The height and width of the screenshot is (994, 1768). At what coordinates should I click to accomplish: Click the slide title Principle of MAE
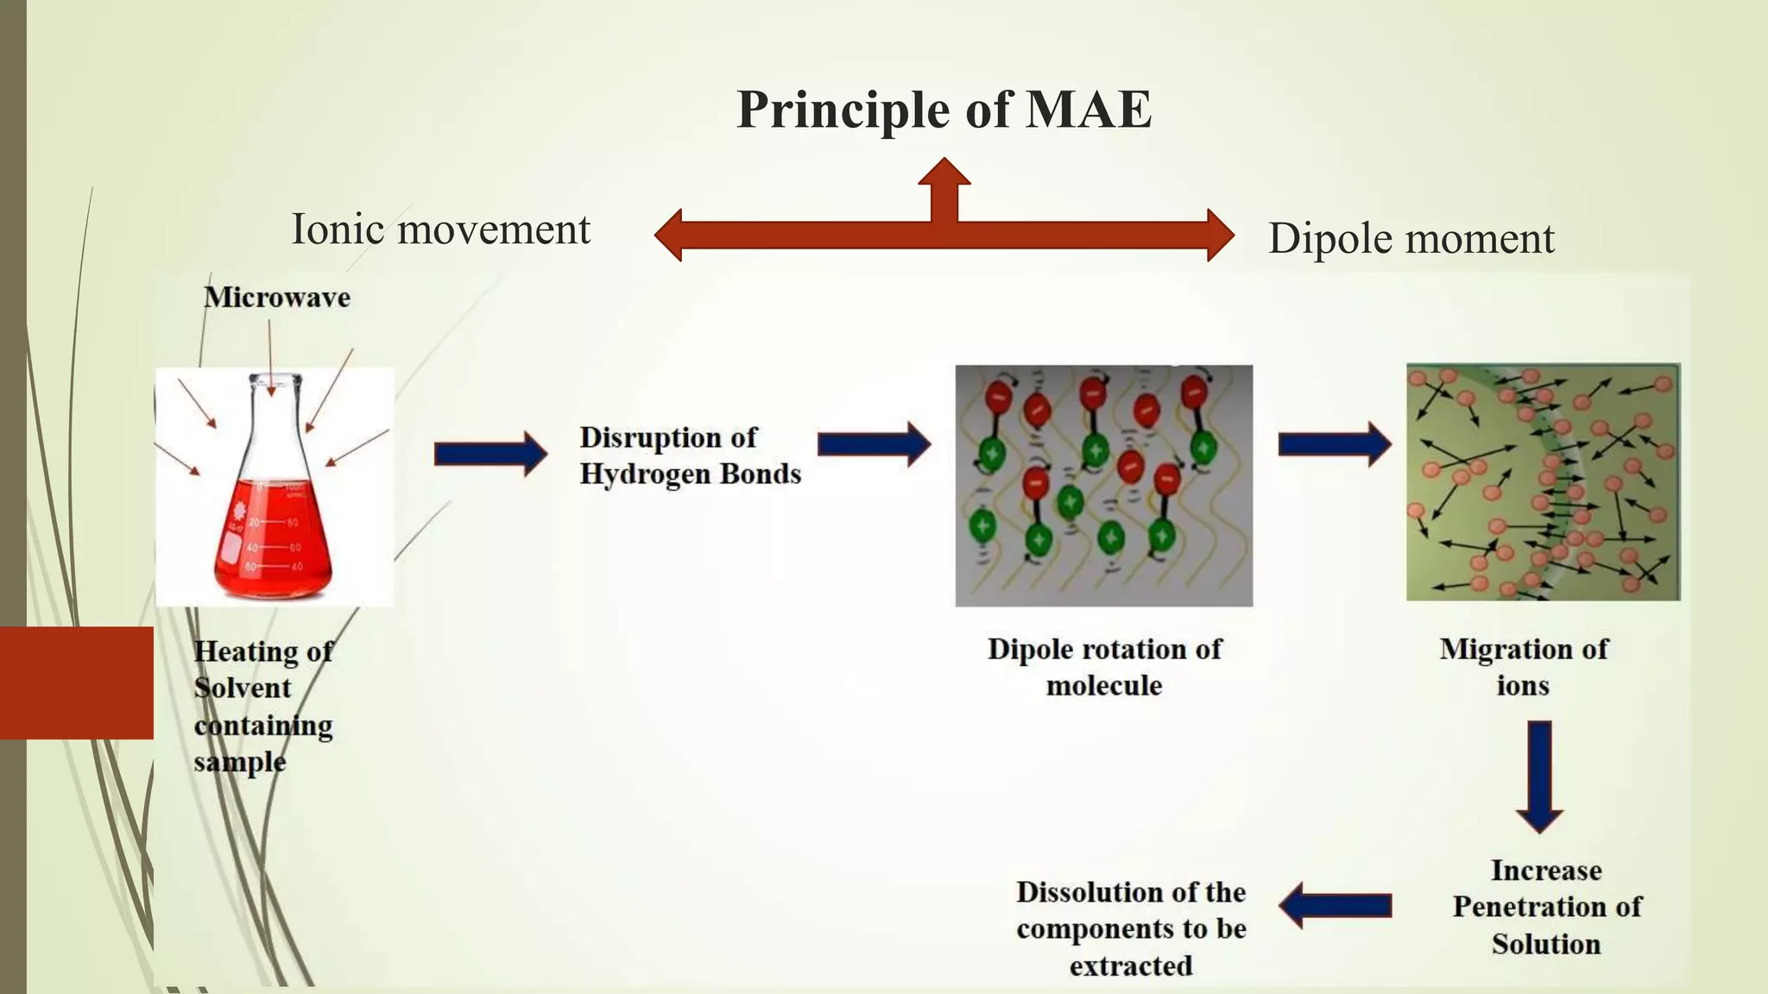point(944,110)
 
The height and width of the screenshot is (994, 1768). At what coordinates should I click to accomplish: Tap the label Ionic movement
point(440,230)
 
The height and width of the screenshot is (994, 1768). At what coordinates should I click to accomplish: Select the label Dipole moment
point(1411,238)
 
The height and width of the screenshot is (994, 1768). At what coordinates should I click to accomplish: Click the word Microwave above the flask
point(277,298)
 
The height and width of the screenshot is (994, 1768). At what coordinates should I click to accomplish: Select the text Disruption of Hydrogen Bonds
point(690,456)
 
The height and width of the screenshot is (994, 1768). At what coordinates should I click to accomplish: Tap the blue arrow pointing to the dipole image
point(874,444)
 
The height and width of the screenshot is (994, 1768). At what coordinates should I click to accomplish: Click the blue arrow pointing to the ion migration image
point(1335,444)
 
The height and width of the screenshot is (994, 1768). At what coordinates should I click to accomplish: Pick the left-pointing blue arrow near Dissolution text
point(1335,905)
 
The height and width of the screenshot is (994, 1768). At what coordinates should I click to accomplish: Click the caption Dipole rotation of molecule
point(1104,667)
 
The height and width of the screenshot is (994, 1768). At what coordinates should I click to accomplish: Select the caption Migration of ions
point(1524,667)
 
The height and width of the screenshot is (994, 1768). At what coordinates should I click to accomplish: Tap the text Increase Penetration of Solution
point(1546,907)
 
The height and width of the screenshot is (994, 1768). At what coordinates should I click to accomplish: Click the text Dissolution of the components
point(1131,928)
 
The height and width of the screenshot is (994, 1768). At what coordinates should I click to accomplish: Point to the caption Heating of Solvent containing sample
point(263,706)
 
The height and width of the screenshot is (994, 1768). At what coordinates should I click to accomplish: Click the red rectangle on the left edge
point(77,683)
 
